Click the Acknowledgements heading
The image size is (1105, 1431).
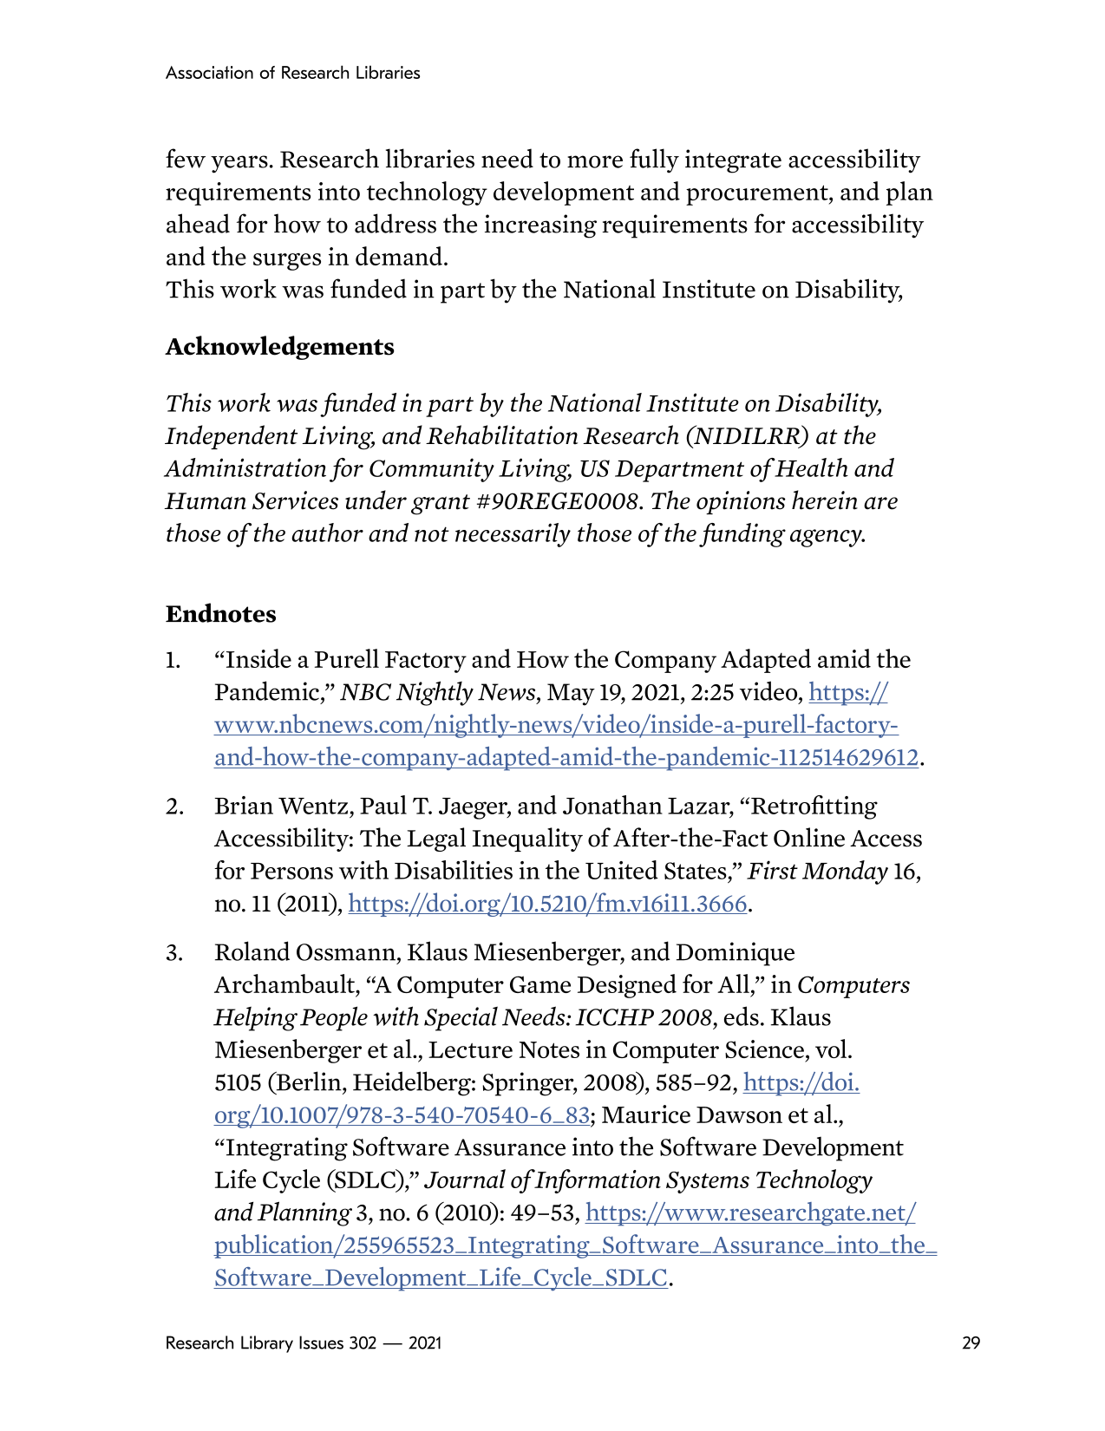coord(279,347)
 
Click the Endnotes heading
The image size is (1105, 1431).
coord(220,614)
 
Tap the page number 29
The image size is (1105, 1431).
coord(971,1343)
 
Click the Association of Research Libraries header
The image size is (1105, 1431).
coord(292,73)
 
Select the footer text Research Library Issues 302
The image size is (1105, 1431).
coord(271,1343)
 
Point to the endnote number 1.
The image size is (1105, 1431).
coord(173,661)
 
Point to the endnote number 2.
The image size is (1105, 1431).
coord(174,807)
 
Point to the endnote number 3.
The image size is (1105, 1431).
coord(174,953)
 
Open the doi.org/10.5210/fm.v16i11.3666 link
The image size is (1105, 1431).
coord(547,905)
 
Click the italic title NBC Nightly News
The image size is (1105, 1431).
coord(438,693)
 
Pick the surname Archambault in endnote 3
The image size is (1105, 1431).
coord(284,986)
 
